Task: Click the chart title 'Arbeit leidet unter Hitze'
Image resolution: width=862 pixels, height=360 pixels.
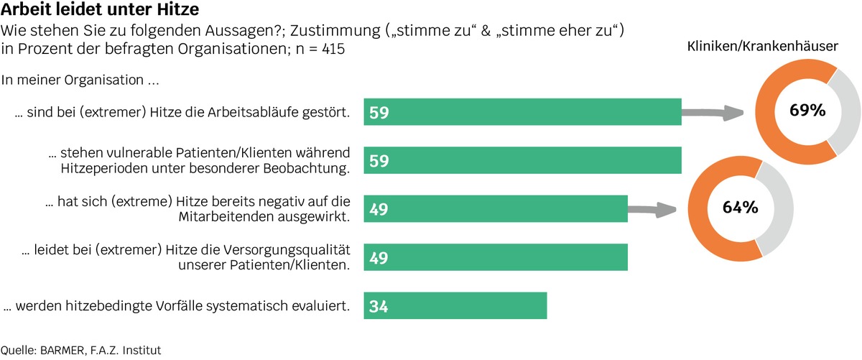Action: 101,12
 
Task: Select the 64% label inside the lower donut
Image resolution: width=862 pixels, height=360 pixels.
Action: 740,208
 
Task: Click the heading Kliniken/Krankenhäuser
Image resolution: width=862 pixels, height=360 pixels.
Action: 763,46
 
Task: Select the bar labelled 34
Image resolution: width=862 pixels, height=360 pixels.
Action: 455,305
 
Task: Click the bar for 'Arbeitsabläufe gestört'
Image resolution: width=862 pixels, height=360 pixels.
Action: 522,112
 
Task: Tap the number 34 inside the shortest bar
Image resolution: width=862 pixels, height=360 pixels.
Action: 379,306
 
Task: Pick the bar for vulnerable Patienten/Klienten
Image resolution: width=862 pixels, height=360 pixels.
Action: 522,160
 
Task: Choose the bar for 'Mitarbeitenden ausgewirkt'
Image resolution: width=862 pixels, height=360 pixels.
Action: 496,209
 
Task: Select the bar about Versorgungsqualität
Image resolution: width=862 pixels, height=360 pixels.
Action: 496,257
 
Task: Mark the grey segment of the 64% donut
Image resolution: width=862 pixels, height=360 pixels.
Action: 780,208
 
